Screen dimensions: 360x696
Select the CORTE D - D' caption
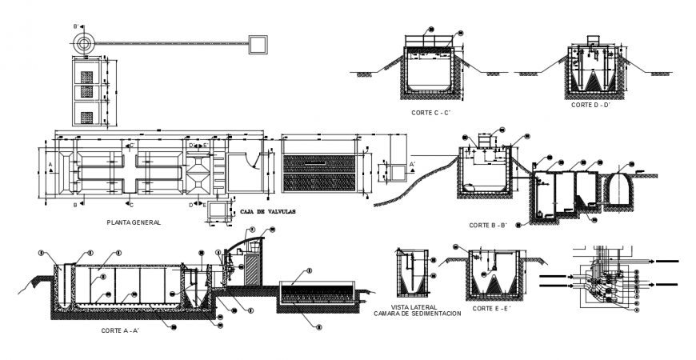(591, 105)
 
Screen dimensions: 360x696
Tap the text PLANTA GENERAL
(134, 222)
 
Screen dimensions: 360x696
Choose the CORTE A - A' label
(122, 330)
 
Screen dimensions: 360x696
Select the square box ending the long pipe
(258, 43)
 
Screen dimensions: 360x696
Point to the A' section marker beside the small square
(413, 164)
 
